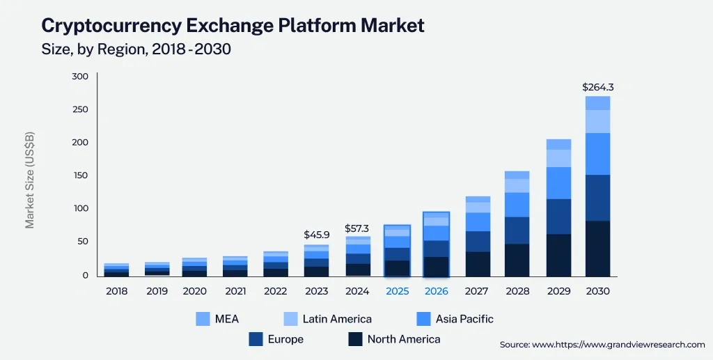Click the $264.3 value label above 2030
tap(597, 88)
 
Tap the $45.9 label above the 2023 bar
tap(316, 235)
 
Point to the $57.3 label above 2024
tap(358, 228)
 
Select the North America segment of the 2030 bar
tap(597, 249)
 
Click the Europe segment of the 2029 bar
tap(558, 217)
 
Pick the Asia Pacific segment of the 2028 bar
tap(517, 205)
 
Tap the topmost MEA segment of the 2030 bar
tap(597, 103)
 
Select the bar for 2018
tap(116, 270)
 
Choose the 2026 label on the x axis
tap(436, 291)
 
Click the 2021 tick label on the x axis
tap(235, 291)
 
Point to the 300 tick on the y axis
tap(80, 77)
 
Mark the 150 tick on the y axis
tap(80, 175)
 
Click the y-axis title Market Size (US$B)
tap(30, 180)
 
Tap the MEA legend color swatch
tap(203, 319)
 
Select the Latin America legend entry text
tap(337, 319)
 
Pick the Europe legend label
tap(285, 339)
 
